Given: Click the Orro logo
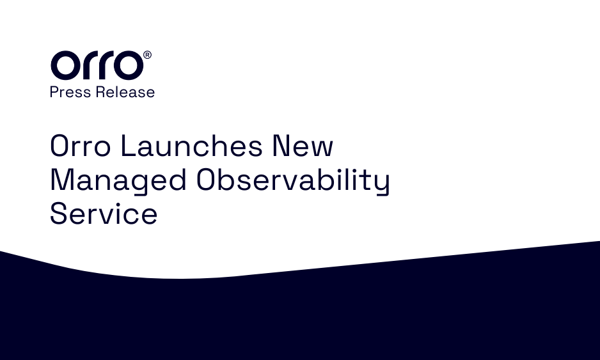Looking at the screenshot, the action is pos(101,65).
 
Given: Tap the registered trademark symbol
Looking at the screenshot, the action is pos(147,55).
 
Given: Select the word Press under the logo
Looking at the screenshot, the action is pos(70,92).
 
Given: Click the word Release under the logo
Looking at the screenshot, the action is pos(125,92).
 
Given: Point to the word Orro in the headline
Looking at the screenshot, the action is pos(81,146).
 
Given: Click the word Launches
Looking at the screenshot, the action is pos(192,145).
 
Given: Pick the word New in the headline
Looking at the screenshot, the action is pos(303,146).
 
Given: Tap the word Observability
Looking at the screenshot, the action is pos(293,180).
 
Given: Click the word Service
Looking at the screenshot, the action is pos(104,214).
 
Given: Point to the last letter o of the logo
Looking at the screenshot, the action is pos(129,65).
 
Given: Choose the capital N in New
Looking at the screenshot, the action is pos(281,146).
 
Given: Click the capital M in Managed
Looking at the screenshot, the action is pos(61,180).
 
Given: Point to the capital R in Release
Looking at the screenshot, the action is pos(100,92).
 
